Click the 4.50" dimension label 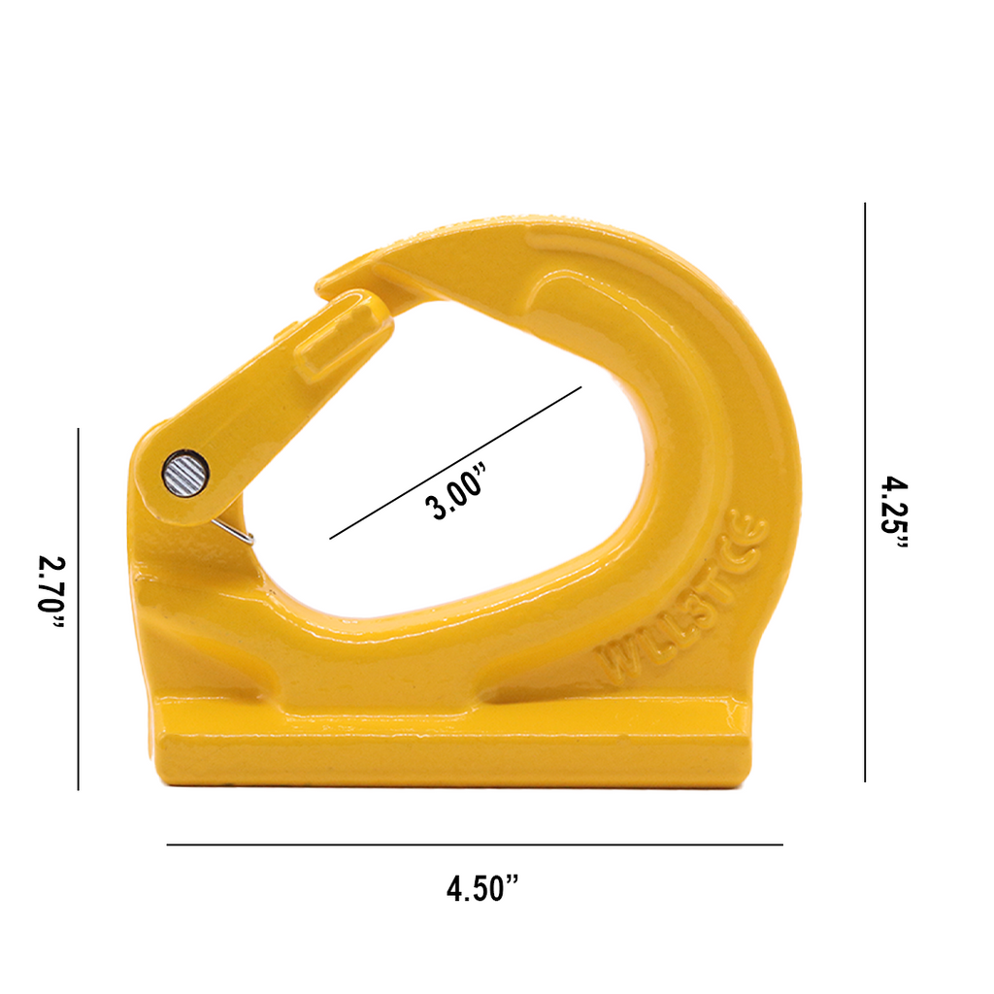(x=482, y=887)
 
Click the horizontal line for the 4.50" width (x=475, y=845)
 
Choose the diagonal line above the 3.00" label (x=456, y=462)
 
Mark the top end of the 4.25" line (x=864, y=205)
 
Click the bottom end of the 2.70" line (x=78, y=788)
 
